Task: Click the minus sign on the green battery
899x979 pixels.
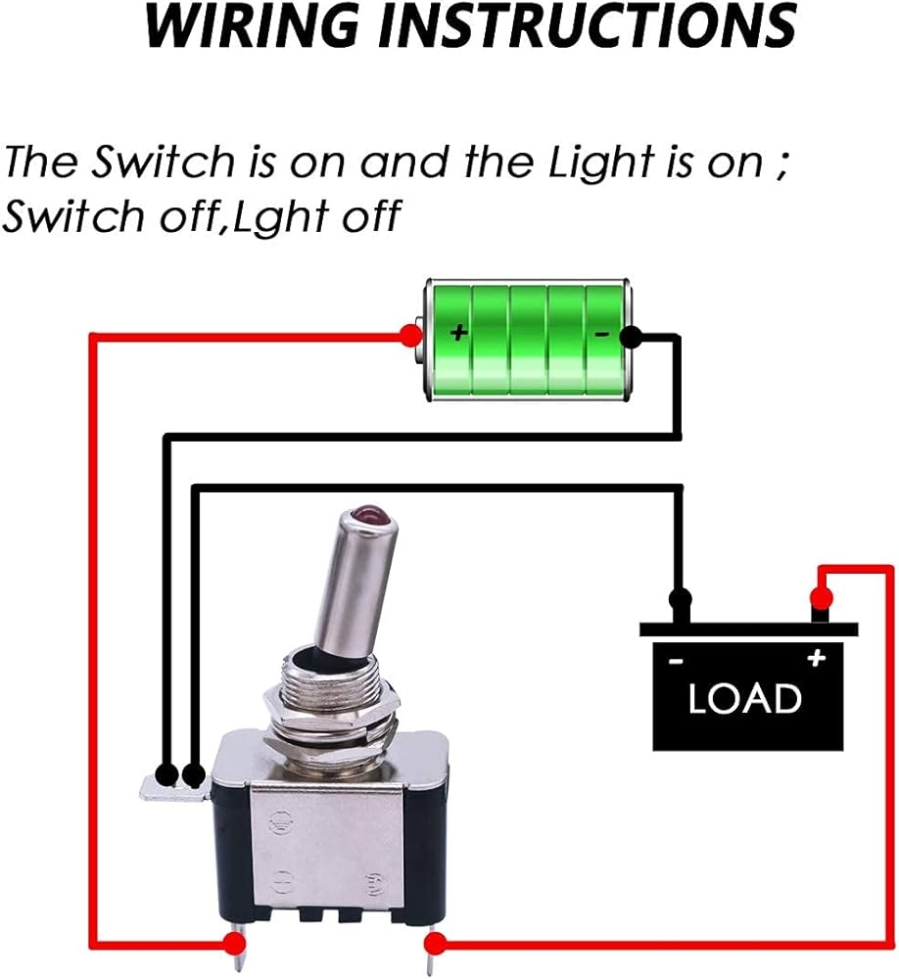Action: (x=602, y=335)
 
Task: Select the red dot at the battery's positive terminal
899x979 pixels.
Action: (x=408, y=336)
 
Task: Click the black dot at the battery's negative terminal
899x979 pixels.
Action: (x=632, y=337)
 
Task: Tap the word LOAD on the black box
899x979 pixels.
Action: (x=744, y=699)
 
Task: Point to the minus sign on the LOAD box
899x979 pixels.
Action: (x=676, y=662)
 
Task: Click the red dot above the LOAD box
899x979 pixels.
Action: (x=822, y=596)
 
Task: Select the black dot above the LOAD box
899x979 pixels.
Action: (x=678, y=597)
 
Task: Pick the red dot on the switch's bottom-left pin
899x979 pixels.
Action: (x=233, y=944)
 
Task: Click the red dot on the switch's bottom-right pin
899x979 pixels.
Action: (x=434, y=944)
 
